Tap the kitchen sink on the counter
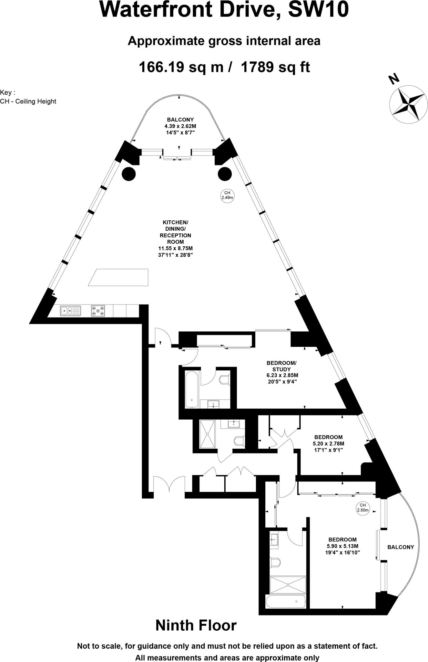(x=70, y=311)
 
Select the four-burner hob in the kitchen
(x=98, y=311)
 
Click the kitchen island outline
(x=118, y=277)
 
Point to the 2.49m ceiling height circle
(x=227, y=195)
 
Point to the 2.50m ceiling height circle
(x=362, y=508)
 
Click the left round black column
(x=129, y=174)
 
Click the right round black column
(x=225, y=174)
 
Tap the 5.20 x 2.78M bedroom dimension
(x=328, y=443)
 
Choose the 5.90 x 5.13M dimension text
(x=342, y=546)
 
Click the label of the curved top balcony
(x=180, y=120)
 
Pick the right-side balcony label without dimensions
(x=401, y=547)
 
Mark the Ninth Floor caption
(x=196, y=625)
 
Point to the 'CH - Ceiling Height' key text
(x=28, y=101)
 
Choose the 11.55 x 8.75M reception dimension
(x=175, y=248)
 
